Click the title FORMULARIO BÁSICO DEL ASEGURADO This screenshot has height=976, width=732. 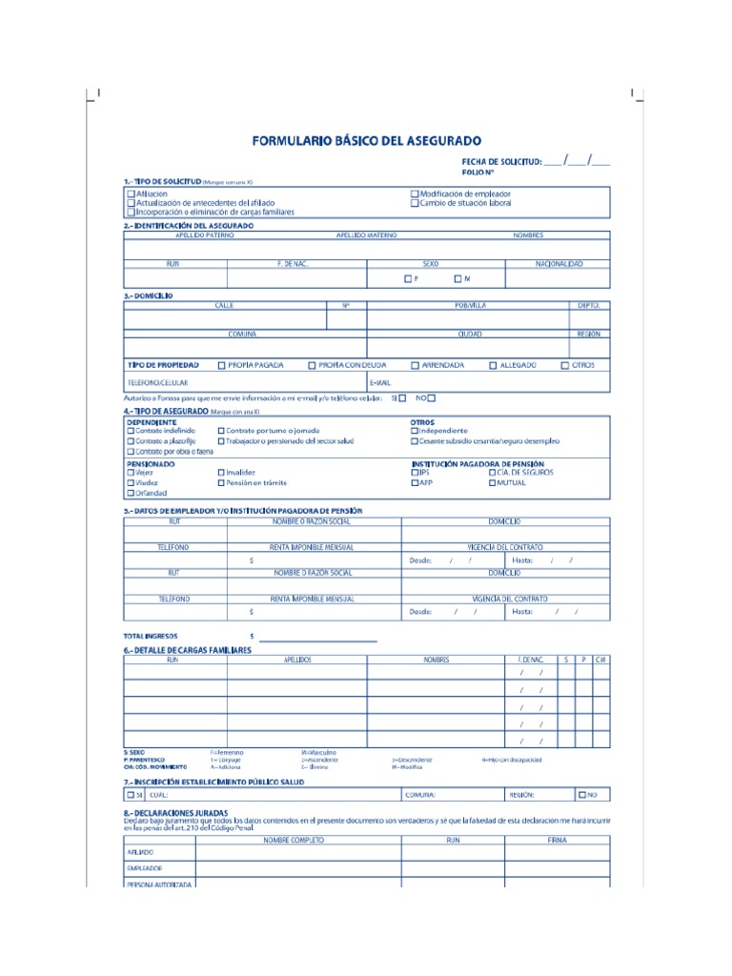click(367, 140)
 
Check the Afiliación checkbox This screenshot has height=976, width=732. click(132, 193)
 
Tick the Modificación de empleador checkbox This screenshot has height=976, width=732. click(415, 193)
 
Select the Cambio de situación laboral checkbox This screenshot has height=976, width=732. click(415, 203)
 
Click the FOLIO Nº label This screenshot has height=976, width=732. click(478, 173)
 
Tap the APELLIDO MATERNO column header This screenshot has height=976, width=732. click(367, 234)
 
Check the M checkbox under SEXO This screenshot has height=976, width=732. click(457, 278)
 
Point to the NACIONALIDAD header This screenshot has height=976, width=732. click(559, 263)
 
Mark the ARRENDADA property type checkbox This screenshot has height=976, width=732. click(415, 365)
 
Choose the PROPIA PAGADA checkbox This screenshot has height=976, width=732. click(222, 365)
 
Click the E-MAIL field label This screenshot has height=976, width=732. click(379, 382)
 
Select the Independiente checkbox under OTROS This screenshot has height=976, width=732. click(415, 431)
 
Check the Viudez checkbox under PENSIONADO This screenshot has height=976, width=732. click(131, 482)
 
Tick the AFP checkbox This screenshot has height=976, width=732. click(415, 482)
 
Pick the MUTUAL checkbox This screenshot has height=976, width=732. click(492, 482)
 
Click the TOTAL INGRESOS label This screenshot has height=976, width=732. click(150, 635)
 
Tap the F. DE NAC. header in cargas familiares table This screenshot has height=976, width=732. click(531, 660)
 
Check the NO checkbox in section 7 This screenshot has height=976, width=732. click(581, 794)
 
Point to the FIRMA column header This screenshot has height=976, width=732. click(557, 841)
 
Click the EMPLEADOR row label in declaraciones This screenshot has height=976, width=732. click(144, 868)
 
